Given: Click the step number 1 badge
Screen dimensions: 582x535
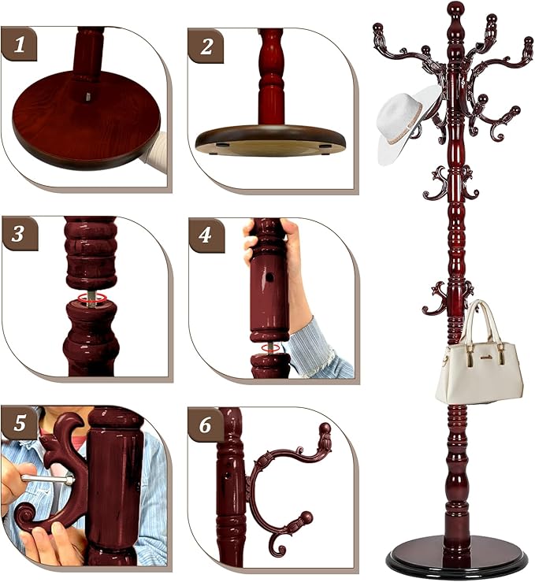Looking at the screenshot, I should click(x=20, y=46).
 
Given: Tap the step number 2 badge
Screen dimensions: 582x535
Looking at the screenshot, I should click(x=206, y=46).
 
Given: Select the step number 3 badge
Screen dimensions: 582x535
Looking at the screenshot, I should click(x=20, y=235).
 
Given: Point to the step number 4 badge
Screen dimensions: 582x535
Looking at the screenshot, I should click(x=206, y=235).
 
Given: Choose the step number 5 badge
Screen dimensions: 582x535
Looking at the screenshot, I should click(x=20, y=424).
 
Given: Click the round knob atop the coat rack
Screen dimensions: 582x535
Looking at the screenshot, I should click(x=455, y=9).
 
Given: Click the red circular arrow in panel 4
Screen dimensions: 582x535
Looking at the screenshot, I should click(x=268, y=347).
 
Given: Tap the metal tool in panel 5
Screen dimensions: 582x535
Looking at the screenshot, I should click(x=47, y=478).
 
